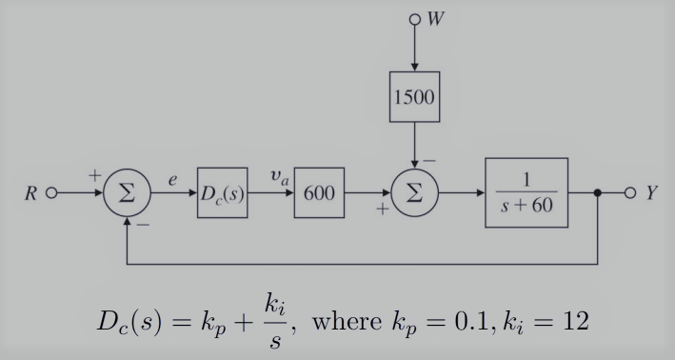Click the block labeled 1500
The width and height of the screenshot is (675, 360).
(414, 96)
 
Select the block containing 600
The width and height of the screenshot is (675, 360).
(319, 192)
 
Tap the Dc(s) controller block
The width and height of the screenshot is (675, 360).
(223, 192)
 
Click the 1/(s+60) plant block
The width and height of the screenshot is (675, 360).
(526, 192)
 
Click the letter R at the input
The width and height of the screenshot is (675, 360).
(30, 193)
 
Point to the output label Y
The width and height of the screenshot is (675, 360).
(651, 193)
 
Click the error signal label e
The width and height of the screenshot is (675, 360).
(172, 177)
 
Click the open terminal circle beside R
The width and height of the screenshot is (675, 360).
(51, 193)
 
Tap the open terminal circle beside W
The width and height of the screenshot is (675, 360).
(414, 17)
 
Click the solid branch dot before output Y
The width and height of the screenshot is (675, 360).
(597, 192)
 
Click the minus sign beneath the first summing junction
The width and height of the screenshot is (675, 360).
(143, 227)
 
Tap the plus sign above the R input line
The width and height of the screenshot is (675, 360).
(95, 176)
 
